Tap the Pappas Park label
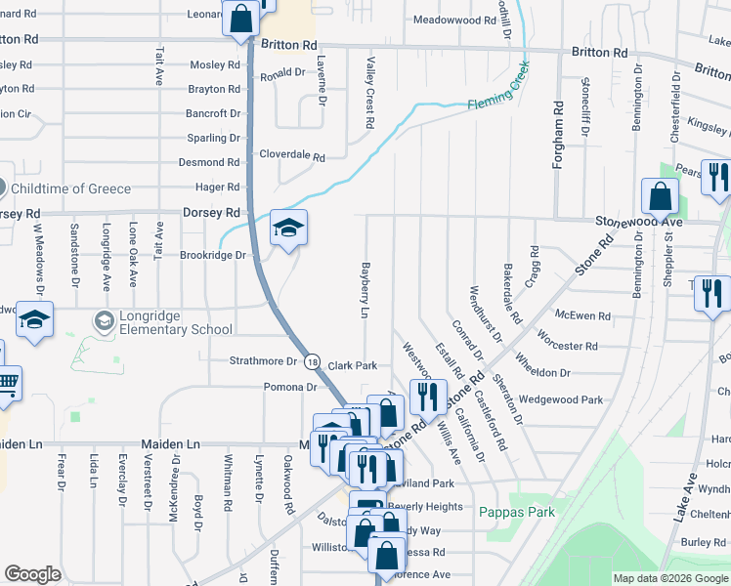[517, 512]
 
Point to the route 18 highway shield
[312, 361]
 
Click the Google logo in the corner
[32, 574]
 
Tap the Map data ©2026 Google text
[669, 578]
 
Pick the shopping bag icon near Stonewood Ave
[661, 196]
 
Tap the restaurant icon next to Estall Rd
[427, 397]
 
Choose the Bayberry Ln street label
[365, 288]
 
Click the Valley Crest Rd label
[370, 93]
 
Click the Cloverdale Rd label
[290, 154]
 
